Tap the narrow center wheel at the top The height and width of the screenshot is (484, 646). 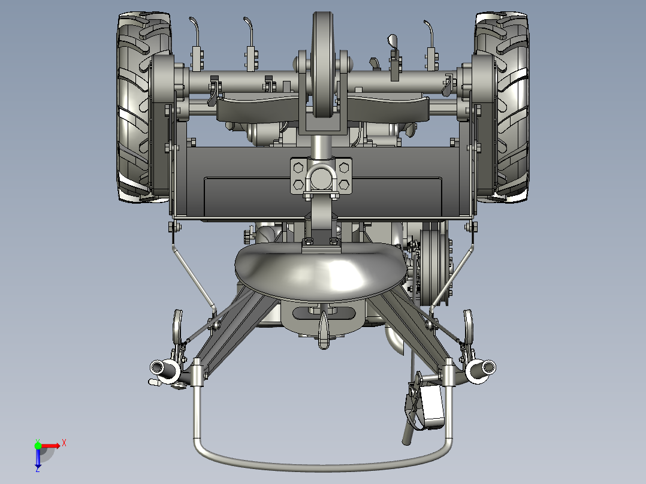click(322, 64)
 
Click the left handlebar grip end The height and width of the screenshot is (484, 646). click(157, 367)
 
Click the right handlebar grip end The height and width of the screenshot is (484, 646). click(488, 366)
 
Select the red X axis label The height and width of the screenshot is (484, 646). click(64, 443)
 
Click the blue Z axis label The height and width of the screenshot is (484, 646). click(38, 468)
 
